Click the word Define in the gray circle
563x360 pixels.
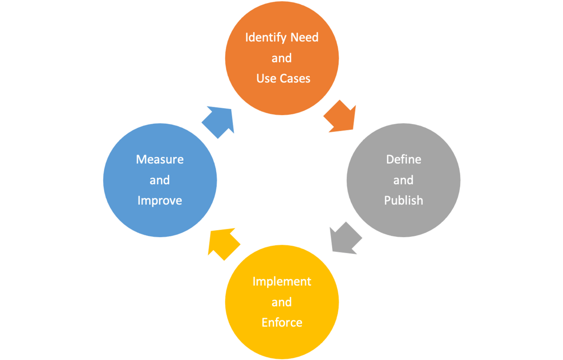[404, 159]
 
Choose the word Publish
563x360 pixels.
[404, 200]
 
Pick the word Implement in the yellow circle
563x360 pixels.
[282, 282]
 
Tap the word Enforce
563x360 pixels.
[282, 323]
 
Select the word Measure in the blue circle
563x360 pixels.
[159, 159]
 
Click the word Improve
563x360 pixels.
[159, 200]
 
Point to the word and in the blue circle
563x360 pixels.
[159, 180]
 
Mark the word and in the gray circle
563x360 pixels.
[404, 180]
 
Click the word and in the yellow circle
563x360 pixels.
[282, 302]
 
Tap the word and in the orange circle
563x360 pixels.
[282, 58]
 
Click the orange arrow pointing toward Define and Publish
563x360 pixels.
[341, 117]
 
